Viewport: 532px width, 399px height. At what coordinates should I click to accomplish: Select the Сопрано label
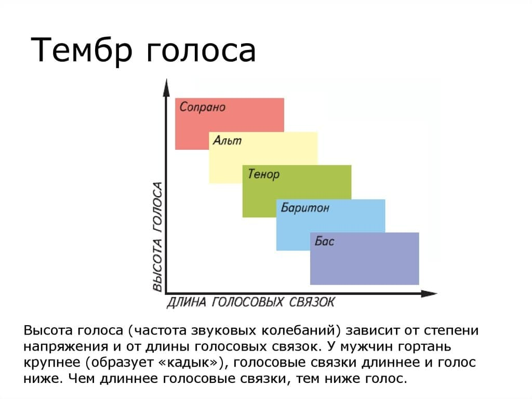203,107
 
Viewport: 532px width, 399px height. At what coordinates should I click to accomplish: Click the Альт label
228,140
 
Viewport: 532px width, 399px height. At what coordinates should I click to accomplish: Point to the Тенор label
263,174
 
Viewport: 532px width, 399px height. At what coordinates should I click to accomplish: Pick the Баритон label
305,208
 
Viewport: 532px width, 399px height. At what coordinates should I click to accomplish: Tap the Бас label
325,241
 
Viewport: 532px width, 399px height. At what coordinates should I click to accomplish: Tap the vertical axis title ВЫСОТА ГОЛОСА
157,237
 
